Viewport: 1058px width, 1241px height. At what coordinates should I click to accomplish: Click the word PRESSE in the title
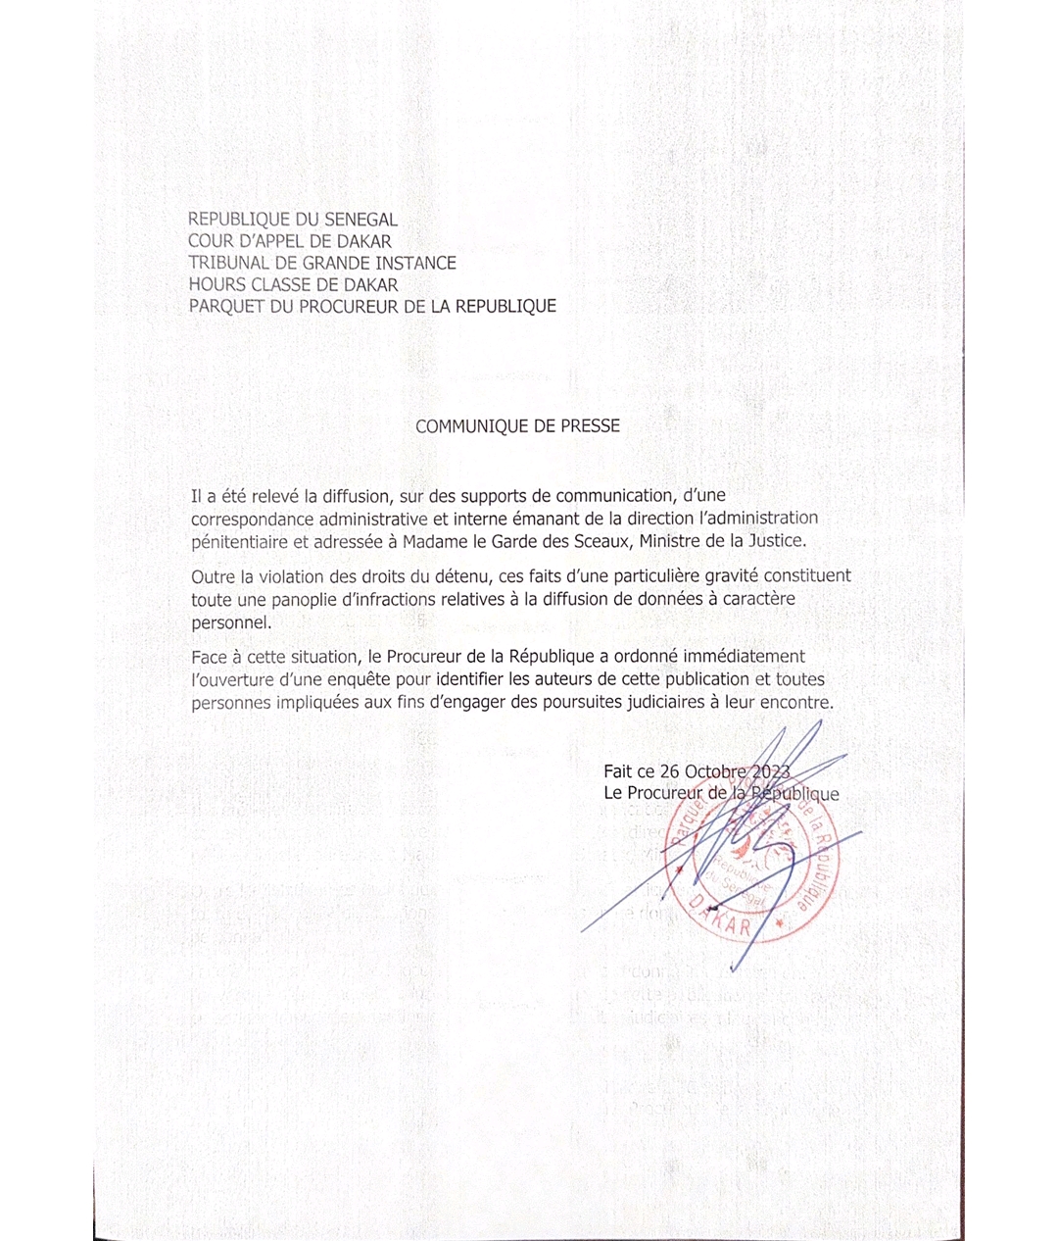(x=590, y=426)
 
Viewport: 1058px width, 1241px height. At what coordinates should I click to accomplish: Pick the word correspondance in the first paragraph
(x=253, y=519)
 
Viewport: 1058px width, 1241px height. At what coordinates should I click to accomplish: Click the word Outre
(x=213, y=576)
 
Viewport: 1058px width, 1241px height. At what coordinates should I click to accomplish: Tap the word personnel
(x=230, y=622)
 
